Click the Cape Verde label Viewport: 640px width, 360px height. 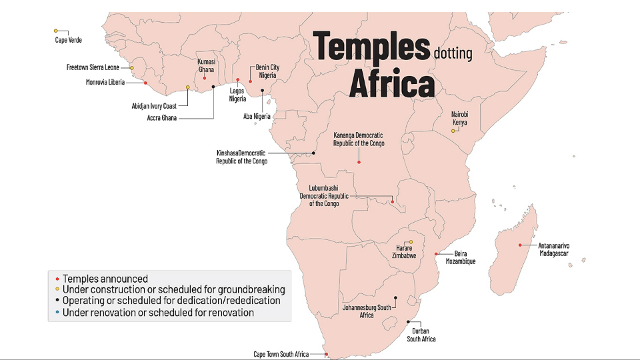pos(68,40)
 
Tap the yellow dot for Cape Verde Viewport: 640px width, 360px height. pos(56,31)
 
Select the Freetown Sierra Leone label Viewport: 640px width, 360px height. pos(93,67)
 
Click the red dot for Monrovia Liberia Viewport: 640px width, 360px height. pos(145,83)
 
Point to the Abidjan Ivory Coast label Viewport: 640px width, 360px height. pos(154,106)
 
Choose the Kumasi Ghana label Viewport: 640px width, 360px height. pos(206,65)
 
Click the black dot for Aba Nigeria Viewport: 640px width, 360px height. pos(263,91)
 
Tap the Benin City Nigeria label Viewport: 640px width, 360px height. pos(267,71)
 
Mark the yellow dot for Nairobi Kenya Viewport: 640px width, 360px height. pos(453,131)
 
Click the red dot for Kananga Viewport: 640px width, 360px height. pos(359,162)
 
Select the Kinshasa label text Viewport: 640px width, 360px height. pos(241,157)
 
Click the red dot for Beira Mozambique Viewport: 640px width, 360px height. pos(435,254)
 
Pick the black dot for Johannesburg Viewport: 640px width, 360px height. pos(395,298)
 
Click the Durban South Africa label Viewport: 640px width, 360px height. pos(421,335)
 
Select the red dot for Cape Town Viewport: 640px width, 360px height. pos(326,354)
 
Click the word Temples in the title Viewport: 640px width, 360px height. pos(371,47)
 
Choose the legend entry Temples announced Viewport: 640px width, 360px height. pos(105,279)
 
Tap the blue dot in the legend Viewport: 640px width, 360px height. pos(57,312)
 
